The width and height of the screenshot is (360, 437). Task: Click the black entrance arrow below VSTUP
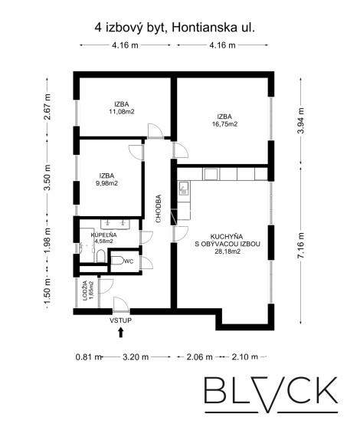pos(120,332)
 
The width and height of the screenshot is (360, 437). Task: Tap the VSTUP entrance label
pos(120,320)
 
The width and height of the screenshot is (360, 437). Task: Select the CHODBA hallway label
pos(158,209)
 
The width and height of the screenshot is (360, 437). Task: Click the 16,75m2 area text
pos(224,124)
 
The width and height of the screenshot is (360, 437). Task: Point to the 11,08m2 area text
pos(122,112)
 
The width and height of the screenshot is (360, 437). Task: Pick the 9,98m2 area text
pos(107,183)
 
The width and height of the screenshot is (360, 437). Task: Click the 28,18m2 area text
pos(227,251)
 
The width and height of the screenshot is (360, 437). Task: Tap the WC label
pos(129,261)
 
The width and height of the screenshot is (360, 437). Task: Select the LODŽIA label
pos(85,291)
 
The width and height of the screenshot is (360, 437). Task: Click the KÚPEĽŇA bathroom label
pos(103,235)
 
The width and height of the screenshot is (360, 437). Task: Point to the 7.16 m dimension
pos(301,245)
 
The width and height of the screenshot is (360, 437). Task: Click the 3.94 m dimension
pos(301,120)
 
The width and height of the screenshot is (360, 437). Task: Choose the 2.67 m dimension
pos(47,107)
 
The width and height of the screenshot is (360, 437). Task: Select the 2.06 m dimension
pos(199,356)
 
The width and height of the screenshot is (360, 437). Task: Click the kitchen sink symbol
pos(184,188)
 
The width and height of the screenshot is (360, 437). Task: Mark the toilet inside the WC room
pos(117,261)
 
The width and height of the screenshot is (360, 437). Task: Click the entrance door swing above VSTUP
pos(121,304)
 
